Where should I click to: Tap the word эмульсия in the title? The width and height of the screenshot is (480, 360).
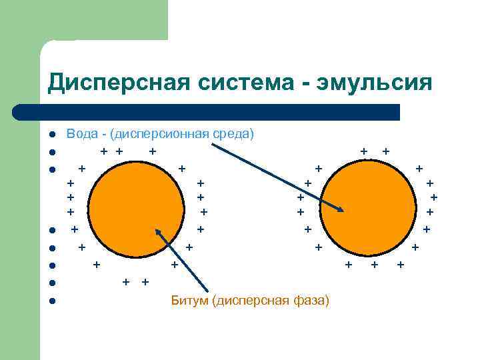pyautogui.click(x=377, y=83)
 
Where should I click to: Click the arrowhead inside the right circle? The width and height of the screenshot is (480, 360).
pyautogui.click(x=341, y=211)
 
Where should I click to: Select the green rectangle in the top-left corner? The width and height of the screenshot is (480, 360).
pyautogui.click(x=83, y=20)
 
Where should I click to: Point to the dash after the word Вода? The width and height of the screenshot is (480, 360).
pyautogui.click(x=105, y=134)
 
